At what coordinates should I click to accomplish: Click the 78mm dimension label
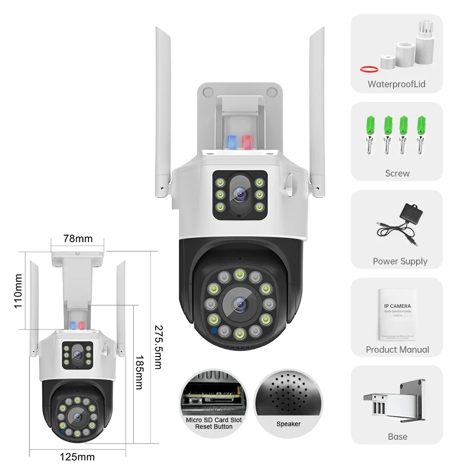tap(79, 238)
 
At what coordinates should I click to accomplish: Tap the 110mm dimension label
tap(19, 291)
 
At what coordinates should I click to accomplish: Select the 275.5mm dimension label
tap(159, 347)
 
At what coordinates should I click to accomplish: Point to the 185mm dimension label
tap(139, 372)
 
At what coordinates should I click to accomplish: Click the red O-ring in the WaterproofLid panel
tap(369, 69)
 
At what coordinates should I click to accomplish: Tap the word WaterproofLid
tap(397, 85)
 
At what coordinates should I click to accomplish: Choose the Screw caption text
tap(397, 173)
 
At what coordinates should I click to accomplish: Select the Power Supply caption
tap(400, 261)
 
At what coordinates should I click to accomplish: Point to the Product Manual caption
tap(397, 349)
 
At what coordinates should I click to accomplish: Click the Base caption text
tap(397, 436)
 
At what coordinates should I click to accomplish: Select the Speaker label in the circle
tap(288, 424)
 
